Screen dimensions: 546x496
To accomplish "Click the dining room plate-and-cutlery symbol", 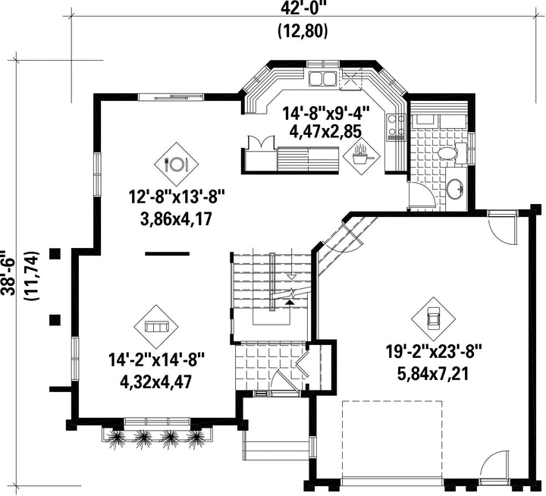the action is [176, 164].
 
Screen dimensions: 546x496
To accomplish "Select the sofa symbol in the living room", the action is [156, 326].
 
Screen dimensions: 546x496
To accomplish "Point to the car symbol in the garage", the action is [434, 319].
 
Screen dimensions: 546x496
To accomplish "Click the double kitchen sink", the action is [322, 78].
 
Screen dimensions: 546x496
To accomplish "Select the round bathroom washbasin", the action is [454, 189].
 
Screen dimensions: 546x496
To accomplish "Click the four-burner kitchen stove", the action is [397, 127].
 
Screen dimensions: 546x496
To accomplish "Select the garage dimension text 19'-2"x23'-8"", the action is [434, 350].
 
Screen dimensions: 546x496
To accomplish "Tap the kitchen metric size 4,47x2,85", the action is [325, 131].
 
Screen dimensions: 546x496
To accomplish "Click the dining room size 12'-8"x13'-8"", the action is [176, 197].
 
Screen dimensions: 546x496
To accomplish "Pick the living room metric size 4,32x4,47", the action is [156, 382].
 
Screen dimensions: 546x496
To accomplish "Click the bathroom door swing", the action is [422, 196].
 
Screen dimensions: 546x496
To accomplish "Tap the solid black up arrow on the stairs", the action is [289, 302].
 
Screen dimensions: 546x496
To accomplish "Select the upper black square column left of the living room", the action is [55, 254].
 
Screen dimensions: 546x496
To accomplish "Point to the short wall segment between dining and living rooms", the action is [167, 253].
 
